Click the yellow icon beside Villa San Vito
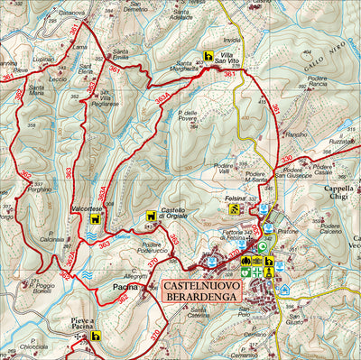click(x=209, y=54)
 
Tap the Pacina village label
click(x=125, y=287)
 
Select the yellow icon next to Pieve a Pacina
click(x=96, y=336)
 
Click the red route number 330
click(x=286, y=159)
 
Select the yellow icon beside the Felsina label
click(x=234, y=209)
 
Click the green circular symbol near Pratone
click(x=262, y=245)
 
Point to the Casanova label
click(x=71, y=12)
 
